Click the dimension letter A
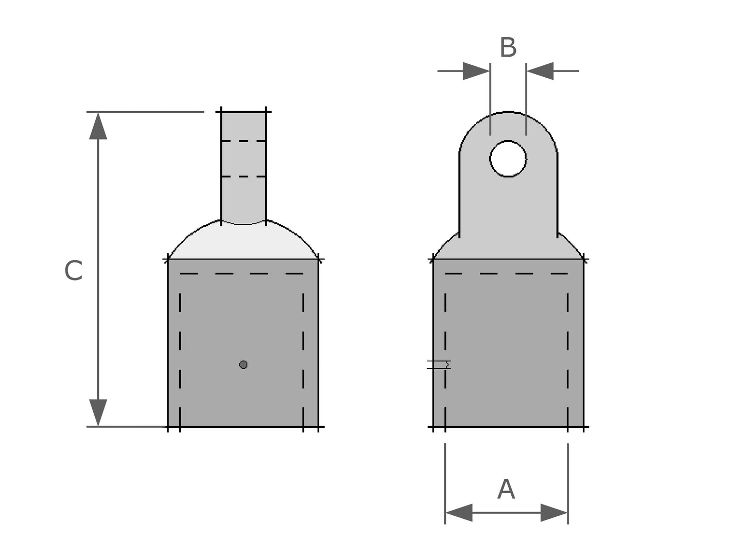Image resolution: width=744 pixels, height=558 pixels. [x=506, y=489]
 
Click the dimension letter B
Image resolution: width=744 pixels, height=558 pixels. [x=508, y=47]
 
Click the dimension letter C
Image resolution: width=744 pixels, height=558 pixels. [x=73, y=271]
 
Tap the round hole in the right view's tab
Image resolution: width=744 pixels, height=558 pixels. [x=508, y=159]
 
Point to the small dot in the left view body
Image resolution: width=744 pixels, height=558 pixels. [x=244, y=365]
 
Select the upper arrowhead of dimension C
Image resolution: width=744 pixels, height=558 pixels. [x=98, y=127]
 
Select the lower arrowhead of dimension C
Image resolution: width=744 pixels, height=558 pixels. [x=98, y=412]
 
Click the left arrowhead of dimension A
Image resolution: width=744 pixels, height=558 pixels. [x=459, y=513]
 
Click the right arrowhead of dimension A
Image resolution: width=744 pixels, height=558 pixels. [x=554, y=513]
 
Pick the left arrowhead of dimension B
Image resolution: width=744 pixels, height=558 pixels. [x=476, y=71]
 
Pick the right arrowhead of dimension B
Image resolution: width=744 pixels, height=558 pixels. [x=540, y=71]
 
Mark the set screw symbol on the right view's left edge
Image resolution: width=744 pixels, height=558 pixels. [x=439, y=365]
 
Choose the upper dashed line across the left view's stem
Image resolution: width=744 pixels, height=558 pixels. [x=244, y=141]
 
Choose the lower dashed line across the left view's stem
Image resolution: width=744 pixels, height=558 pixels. [x=244, y=177]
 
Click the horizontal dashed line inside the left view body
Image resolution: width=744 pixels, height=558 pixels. [x=242, y=273]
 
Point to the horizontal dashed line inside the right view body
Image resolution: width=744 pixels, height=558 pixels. [x=507, y=273]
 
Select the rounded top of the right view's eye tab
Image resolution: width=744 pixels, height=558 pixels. [x=508, y=121]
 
